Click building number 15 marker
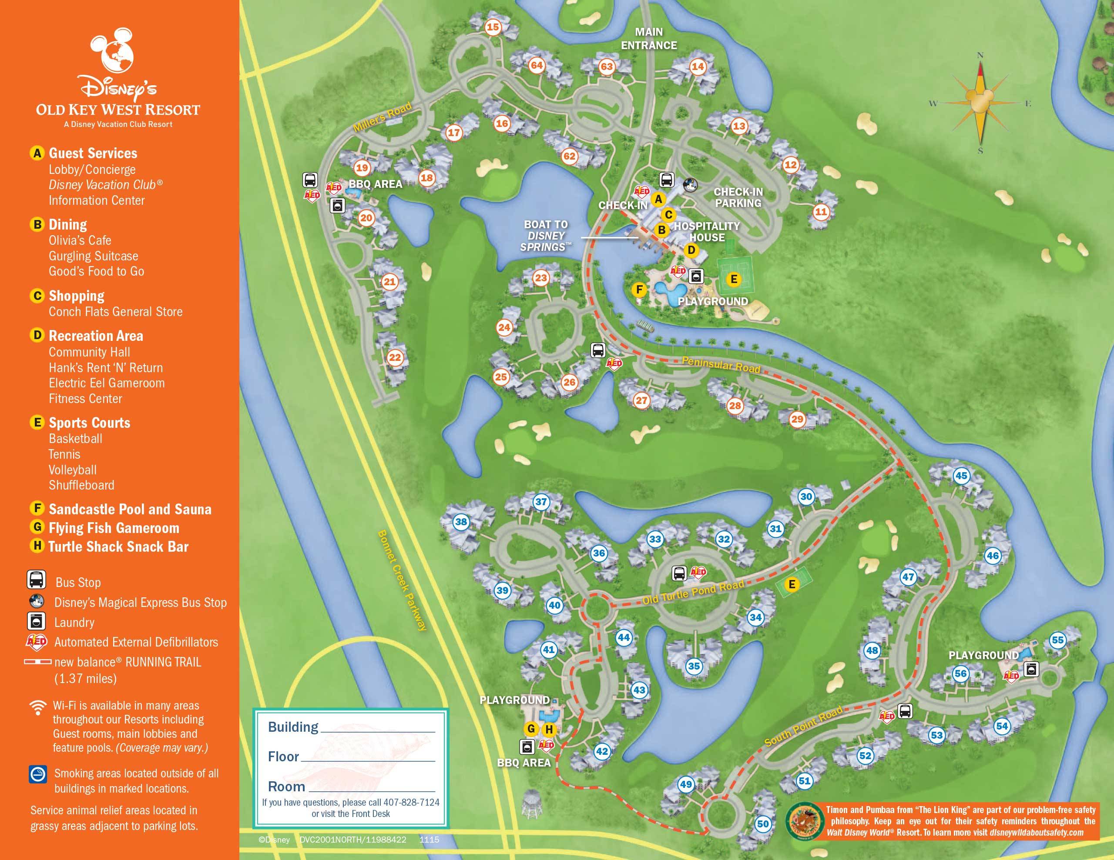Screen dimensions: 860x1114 pos(493,27)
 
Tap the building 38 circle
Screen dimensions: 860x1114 pos(461,521)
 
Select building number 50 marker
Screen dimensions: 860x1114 pos(762,824)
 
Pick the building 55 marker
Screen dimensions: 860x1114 pos(1058,640)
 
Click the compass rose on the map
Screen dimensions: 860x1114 pos(980,103)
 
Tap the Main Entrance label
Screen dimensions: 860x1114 pos(649,39)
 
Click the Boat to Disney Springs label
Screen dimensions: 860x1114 pos(546,236)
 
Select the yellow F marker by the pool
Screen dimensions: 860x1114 pos(639,290)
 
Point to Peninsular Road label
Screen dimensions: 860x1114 pos(721,364)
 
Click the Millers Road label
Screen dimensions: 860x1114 pos(383,117)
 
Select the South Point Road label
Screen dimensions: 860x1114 pos(803,727)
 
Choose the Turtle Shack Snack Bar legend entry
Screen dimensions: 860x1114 pos(118,547)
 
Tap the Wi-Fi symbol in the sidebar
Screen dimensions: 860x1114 pos(38,707)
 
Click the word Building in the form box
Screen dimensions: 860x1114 pos(293,727)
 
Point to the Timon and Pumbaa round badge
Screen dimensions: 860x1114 pos(804,821)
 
